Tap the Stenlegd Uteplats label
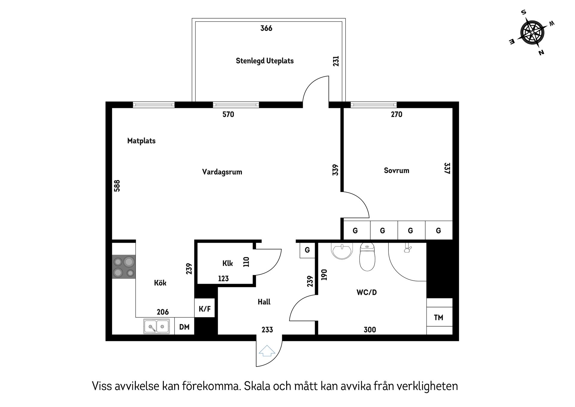coord(264,61)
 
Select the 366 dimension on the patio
coord(266,28)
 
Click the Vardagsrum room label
coord(222,172)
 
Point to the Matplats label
coord(141,141)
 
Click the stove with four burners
coord(124,267)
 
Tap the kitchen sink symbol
coord(156,326)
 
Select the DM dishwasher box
coord(184,327)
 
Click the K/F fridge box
coord(205,309)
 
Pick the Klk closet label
coord(228,264)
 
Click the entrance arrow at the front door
coord(267,351)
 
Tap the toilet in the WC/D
coord(367,257)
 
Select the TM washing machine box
coord(439,317)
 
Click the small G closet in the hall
coord(307,250)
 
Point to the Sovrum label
coord(396,171)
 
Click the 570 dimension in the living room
coord(228,115)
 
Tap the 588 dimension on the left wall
coord(117,186)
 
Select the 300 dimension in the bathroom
coord(370,330)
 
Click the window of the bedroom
coord(373,105)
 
